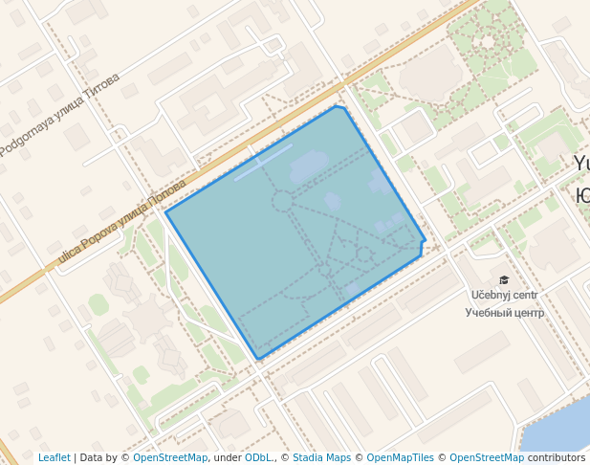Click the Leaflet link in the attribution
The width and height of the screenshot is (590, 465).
coord(54,457)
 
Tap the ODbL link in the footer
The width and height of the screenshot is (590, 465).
coord(258,457)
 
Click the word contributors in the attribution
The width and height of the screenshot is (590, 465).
coord(557,457)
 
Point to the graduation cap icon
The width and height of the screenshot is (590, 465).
coord(504,280)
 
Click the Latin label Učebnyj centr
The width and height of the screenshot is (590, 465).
coord(504,296)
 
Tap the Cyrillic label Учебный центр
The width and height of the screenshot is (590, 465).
coord(504,313)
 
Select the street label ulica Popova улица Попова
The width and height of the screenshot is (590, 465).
coord(122,222)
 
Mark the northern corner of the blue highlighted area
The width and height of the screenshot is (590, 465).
coord(338,106)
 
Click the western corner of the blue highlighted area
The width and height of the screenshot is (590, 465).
coord(166,212)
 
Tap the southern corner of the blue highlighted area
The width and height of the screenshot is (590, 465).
coord(258,360)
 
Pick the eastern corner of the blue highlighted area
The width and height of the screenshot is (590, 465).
coord(425,240)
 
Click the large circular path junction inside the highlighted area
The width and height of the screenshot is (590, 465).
coord(282,201)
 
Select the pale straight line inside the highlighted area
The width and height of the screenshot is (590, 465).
coord(264,163)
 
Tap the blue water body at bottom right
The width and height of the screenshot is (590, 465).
coord(559,426)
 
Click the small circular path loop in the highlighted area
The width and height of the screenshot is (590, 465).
coord(363,254)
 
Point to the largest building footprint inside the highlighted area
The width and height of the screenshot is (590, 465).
coord(308,166)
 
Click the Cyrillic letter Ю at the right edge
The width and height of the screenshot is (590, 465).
coord(582,194)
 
